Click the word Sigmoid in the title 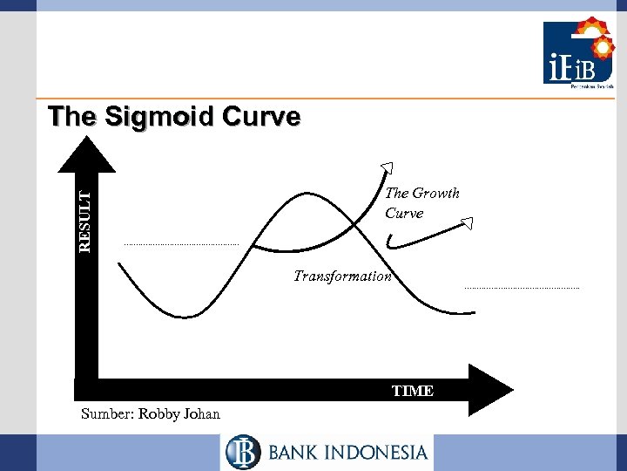click(144, 116)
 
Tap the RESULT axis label click(84, 222)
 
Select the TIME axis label click(413, 391)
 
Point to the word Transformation click(343, 276)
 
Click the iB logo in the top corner click(579, 54)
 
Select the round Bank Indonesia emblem click(243, 452)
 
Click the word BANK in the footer click(294, 452)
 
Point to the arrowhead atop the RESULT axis click(85, 155)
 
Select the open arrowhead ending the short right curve click(468, 223)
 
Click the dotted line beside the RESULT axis click(180, 244)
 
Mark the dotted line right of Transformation click(522, 288)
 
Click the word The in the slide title click(68, 116)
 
